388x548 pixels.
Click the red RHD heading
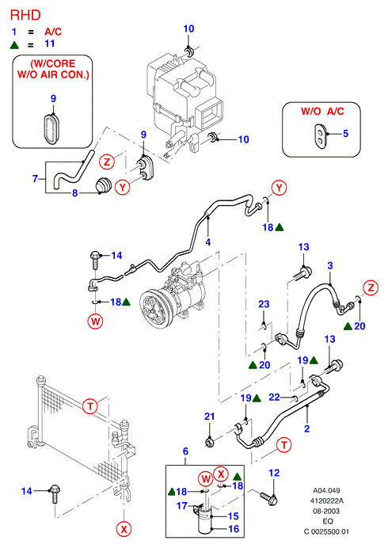pos(25,15)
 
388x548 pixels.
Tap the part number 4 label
pos(208,242)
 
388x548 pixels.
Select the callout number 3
pos(330,265)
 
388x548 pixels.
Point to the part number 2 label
pos(306,428)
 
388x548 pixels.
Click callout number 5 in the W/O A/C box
pos(345,134)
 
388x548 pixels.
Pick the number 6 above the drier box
pos(185,451)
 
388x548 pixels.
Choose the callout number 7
pos(35,179)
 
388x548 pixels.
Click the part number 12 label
pos(274,473)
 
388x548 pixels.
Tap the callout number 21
pos(209,417)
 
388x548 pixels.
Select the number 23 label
pos(264,304)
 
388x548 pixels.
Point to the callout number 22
pos(274,397)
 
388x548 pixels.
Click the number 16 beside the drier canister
pos(234,529)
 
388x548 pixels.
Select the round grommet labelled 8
pos(103,185)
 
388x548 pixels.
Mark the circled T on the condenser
pos(90,406)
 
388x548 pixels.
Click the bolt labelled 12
pos(268,498)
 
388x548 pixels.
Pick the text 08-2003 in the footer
pos(326,511)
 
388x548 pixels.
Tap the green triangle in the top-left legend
pos(14,44)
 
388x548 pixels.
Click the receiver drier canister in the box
pos(204,519)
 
